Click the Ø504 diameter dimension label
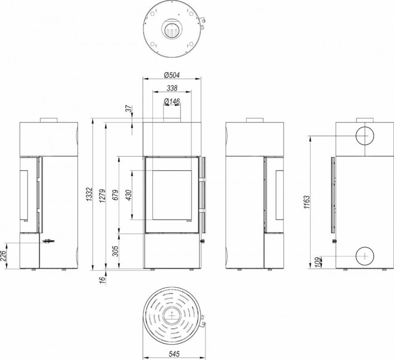[x=172, y=75]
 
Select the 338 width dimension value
[x=172, y=88]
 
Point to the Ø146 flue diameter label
[x=172, y=101]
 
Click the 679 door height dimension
[x=115, y=195]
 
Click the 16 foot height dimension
[x=102, y=279]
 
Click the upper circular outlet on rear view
[x=364, y=136]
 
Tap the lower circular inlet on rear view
[x=364, y=256]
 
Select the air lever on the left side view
[x=47, y=242]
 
